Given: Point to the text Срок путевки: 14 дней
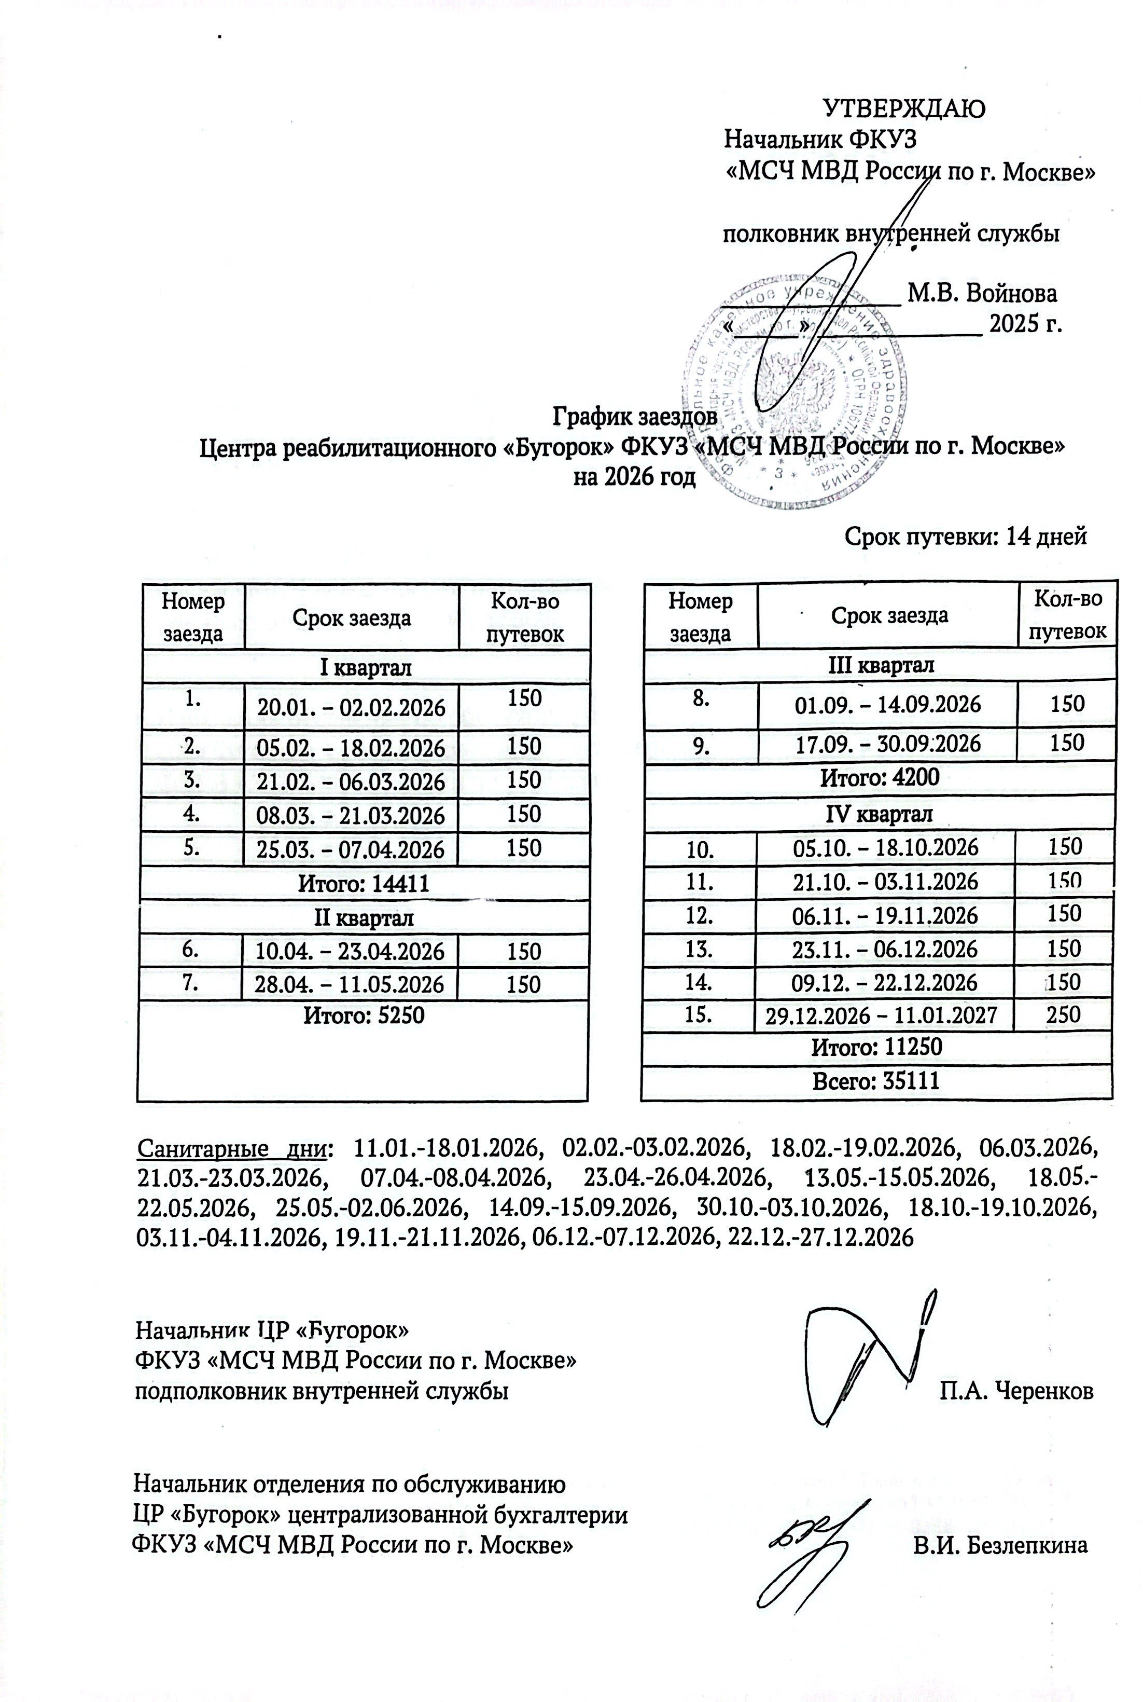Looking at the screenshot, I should [965, 536].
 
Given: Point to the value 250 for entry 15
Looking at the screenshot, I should [1063, 1014].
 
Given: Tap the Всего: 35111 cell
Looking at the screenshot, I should [876, 1081].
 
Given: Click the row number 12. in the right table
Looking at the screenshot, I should [699, 914].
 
